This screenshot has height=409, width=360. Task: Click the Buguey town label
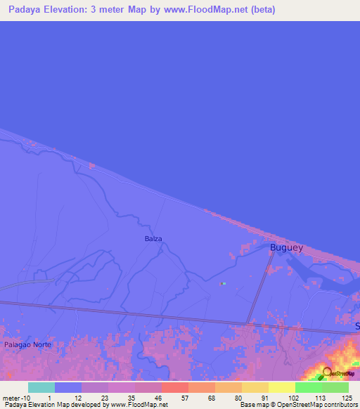[x=287, y=247]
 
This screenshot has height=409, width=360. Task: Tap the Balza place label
[x=153, y=239]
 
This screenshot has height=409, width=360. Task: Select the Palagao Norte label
[x=27, y=346]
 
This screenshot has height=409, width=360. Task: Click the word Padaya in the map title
[x=26, y=10]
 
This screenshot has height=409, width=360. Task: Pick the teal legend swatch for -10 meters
[x=41, y=387]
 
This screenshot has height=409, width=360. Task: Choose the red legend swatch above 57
[x=175, y=387]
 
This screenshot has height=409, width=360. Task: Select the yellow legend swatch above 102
[x=282, y=387]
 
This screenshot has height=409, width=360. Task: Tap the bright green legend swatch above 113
[x=309, y=387]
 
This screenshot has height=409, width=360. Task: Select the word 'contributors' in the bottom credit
[x=337, y=405]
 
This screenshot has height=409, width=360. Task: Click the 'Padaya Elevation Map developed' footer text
[x=49, y=405]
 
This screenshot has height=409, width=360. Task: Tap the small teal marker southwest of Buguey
[x=223, y=284]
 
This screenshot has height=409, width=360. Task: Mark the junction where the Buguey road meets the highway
[x=247, y=324]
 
